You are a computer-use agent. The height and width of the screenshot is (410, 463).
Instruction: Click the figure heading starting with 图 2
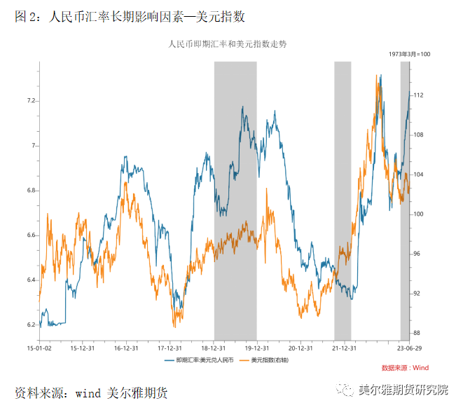coord(130,16)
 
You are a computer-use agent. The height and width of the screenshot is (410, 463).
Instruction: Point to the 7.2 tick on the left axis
coord(30,101)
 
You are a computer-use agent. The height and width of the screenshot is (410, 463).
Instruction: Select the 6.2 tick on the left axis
coord(30,325)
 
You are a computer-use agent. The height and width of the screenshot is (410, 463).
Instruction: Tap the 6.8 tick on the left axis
coord(30,191)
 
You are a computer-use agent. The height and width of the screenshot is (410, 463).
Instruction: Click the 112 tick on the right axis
coord(418,95)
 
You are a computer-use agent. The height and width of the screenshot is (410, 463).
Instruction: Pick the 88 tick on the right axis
coord(417,333)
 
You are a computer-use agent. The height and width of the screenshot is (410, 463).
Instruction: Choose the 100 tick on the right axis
coord(418,214)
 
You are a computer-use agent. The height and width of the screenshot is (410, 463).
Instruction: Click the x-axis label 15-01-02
coord(39,348)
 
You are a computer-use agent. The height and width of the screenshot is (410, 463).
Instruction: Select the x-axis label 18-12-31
coord(213,348)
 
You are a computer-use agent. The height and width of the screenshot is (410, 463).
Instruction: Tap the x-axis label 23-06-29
coord(408,348)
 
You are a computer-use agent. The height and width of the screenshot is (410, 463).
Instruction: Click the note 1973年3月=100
coord(409,54)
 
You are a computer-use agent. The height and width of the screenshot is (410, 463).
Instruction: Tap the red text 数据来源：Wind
coord(405,367)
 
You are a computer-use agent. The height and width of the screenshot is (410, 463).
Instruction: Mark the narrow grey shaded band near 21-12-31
coord(342,200)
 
